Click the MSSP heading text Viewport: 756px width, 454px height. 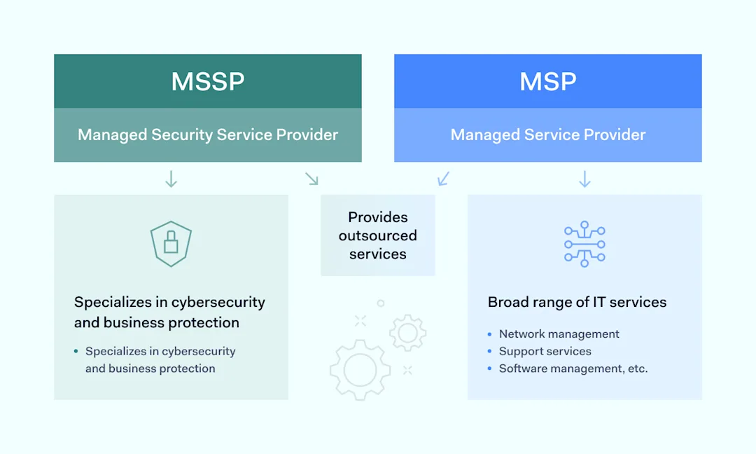[x=208, y=82]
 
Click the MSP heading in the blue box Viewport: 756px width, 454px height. [x=547, y=82]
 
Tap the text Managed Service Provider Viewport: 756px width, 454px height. [x=547, y=135]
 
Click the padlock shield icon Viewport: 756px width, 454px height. [x=171, y=244]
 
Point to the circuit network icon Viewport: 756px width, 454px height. [x=584, y=245]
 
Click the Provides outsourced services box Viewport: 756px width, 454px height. [x=378, y=235]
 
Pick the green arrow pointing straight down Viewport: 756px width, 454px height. [x=171, y=179]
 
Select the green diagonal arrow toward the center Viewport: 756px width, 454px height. [x=311, y=179]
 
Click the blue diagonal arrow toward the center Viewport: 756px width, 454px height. [x=444, y=179]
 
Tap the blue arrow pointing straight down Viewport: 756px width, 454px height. [x=584, y=179]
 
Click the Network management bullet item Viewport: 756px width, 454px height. [x=559, y=334]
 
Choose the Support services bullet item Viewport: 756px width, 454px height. [x=545, y=351]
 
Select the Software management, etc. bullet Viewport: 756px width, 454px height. [x=573, y=369]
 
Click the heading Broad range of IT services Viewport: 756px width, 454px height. [x=577, y=303]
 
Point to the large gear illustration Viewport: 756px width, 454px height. [x=360, y=370]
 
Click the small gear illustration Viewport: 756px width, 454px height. [x=407, y=333]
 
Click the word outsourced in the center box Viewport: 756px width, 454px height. [x=378, y=235]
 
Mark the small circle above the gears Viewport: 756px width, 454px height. [x=381, y=303]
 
